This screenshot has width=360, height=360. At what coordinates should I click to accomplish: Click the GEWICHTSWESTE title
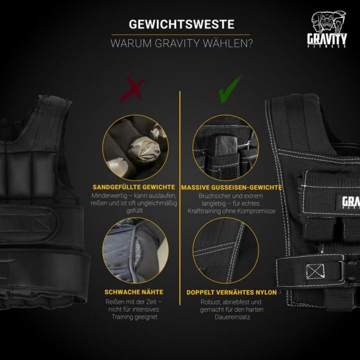point(181,24)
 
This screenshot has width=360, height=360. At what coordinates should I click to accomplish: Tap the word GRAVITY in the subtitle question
point(180,43)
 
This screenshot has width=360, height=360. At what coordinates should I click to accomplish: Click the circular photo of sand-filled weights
point(135,148)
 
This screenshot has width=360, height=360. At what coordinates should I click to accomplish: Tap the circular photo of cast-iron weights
point(226,148)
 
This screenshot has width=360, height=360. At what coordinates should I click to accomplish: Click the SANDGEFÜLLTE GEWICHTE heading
point(133,187)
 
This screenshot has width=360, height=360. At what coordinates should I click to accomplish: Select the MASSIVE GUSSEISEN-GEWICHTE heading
point(231,187)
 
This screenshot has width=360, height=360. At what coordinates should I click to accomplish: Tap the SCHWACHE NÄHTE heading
point(134,292)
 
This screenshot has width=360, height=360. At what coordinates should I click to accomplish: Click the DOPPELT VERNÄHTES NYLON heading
point(231,292)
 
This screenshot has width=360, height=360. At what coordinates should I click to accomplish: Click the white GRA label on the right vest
point(350,202)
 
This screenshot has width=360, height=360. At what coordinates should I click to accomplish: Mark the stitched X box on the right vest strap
point(314,271)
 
